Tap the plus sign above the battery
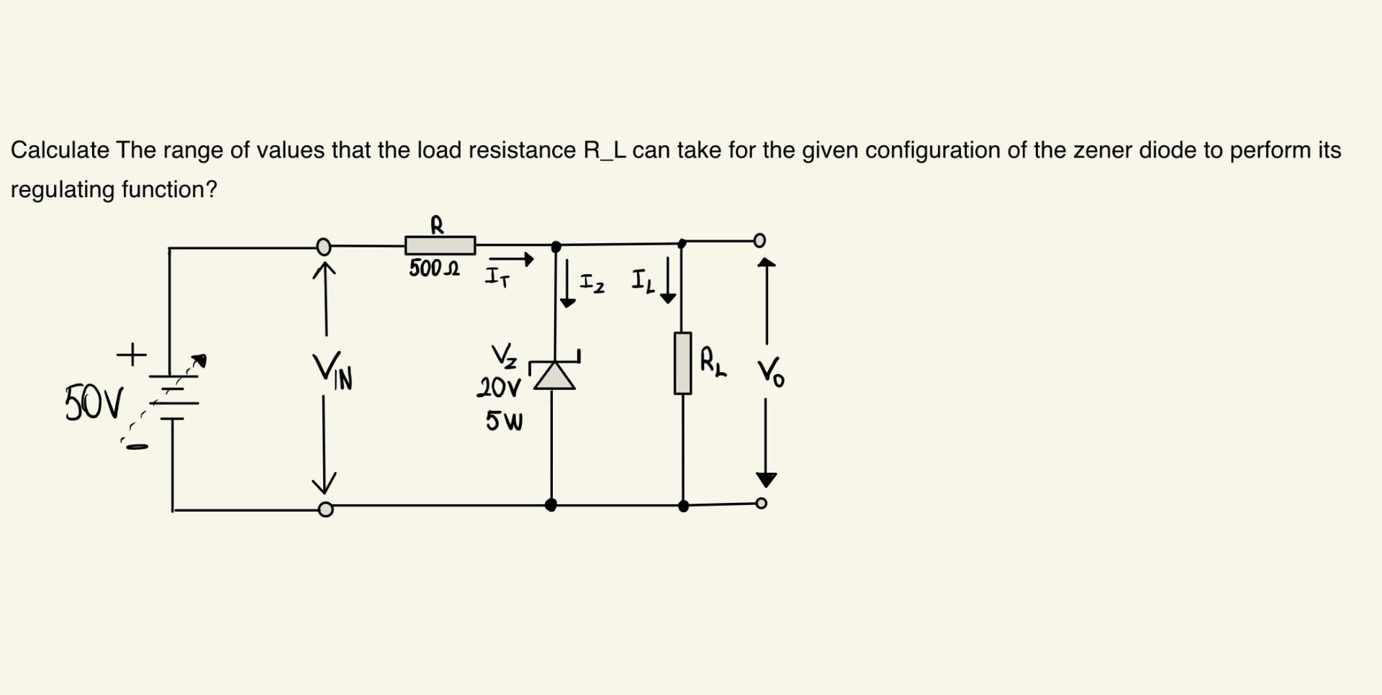click(x=132, y=354)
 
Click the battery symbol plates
click(x=173, y=396)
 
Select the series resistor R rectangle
click(x=440, y=245)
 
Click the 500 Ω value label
click(x=434, y=269)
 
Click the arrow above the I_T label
click(x=512, y=259)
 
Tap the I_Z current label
click(x=592, y=283)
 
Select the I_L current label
click(x=643, y=281)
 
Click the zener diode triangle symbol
click(x=554, y=375)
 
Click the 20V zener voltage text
click(x=498, y=389)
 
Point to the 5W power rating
click(x=504, y=421)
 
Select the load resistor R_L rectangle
click(x=682, y=363)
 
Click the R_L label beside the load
click(x=713, y=362)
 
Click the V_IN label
click(x=333, y=372)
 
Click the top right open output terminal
click(x=759, y=240)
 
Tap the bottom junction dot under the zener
click(x=551, y=505)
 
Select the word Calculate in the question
click(x=60, y=150)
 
